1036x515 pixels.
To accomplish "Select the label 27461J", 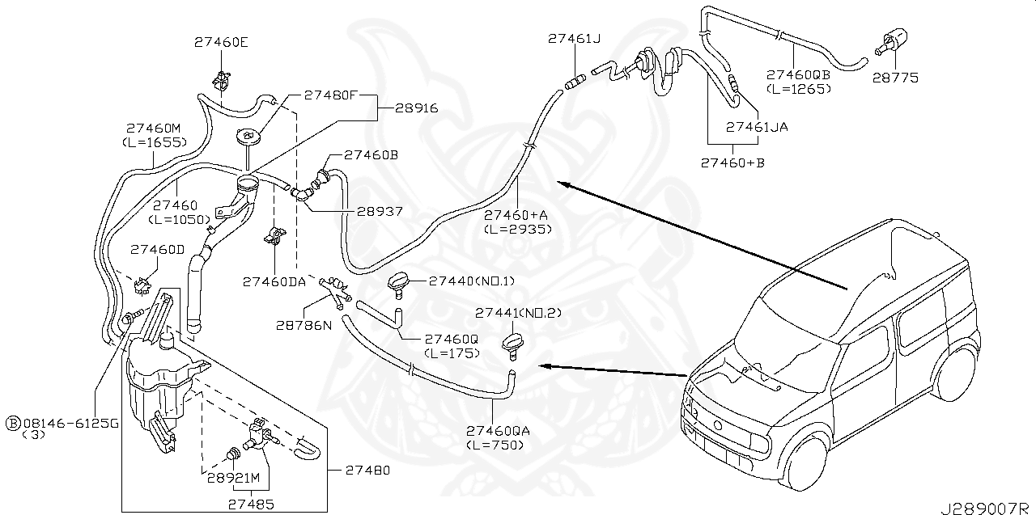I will tap(574, 38).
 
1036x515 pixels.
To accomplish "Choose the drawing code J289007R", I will tap(985, 507).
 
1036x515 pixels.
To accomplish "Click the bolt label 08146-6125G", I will tap(70, 422).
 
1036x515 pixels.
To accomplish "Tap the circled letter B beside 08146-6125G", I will tap(13, 422).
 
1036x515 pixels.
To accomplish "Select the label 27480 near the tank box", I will tap(367, 469).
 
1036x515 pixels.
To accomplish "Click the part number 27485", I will tap(250, 503).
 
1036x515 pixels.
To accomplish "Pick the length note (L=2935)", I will tap(518, 229).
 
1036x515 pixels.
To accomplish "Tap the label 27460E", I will tap(221, 42).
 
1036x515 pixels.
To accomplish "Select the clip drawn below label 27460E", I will tap(219, 79).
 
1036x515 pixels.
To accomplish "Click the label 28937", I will tap(380, 211).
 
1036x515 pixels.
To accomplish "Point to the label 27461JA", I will tap(757, 127).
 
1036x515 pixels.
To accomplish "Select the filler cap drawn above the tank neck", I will tap(249, 137).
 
